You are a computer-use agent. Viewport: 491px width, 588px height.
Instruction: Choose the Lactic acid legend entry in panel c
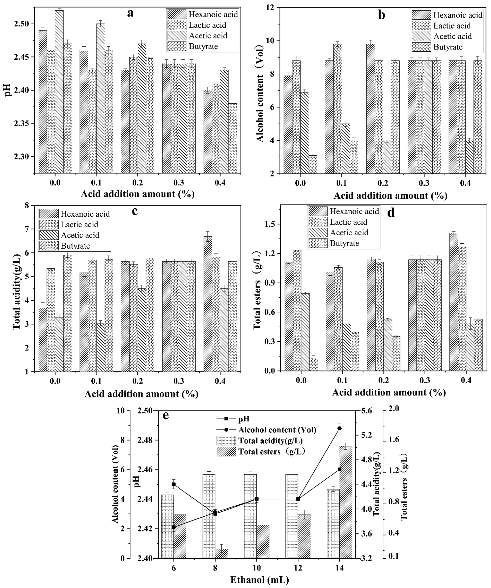(x=79, y=225)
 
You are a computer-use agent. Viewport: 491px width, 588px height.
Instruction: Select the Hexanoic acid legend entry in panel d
(x=354, y=211)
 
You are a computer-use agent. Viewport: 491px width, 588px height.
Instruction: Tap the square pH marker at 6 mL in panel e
(x=174, y=484)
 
